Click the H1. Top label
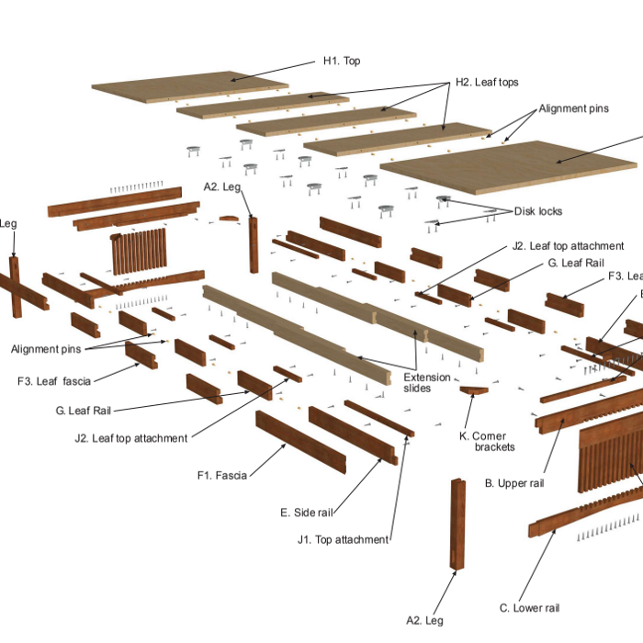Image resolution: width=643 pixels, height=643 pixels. [x=341, y=62]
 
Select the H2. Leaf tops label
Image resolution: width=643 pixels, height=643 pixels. [x=487, y=82]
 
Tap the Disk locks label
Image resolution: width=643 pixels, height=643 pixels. [x=537, y=211]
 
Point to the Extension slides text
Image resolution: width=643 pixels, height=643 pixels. [x=428, y=382]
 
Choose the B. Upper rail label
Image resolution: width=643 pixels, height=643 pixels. [x=515, y=482]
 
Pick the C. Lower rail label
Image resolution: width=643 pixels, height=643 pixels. [x=529, y=607]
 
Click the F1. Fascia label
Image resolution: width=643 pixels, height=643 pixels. [x=222, y=475]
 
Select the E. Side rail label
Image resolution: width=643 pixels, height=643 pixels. [x=307, y=512]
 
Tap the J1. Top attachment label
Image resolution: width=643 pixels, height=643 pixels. [x=343, y=539]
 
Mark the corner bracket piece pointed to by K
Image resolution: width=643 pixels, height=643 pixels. [x=474, y=391]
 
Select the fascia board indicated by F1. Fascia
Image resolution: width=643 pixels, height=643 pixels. [x=300, y=442]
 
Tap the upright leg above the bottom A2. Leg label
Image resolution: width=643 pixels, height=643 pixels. [x=457, y=524]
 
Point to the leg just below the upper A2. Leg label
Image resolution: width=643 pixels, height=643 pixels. [x=254, y=244]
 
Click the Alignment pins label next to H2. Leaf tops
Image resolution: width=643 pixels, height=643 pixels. [x=573, y=108]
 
